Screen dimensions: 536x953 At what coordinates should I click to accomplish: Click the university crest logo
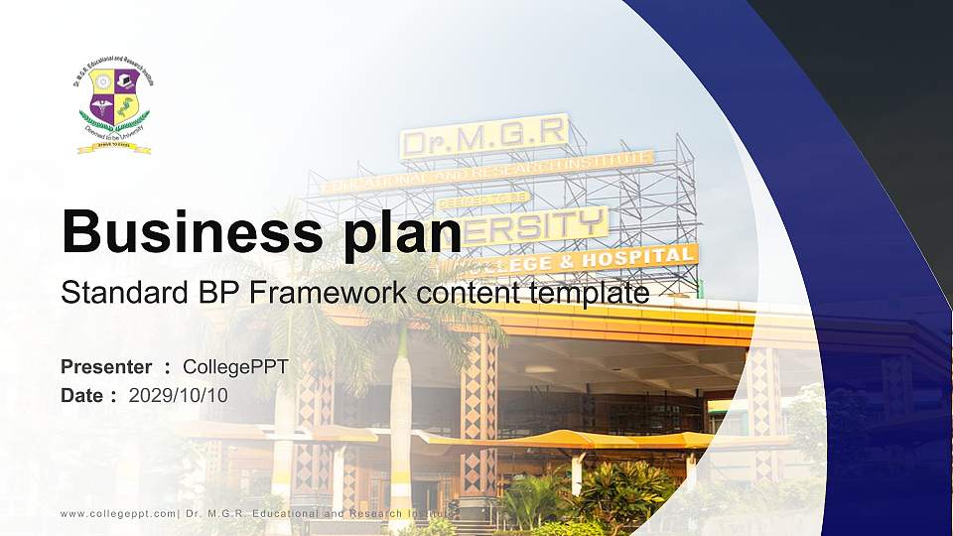pos(114,107)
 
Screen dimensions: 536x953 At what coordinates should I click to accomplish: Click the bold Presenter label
pos(106,367)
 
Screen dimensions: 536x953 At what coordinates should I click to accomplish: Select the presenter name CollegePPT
pos(235,367)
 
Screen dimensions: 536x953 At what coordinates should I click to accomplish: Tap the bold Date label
pos(82,395)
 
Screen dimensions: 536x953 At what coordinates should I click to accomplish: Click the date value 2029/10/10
pos(178,395)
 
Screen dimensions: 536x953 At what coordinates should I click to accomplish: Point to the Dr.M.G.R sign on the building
pos(483,136)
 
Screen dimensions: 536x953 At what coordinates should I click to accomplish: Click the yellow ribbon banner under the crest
pos(114,148)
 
